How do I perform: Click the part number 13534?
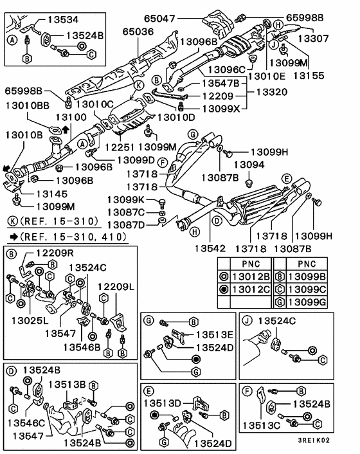click(x=63, y=19)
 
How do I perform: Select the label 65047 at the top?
click(x=159, y=19)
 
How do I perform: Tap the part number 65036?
click(x=138, y=32)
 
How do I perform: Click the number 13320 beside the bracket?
click(x=272, y=92)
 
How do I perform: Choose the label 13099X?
click(x=221, y=109)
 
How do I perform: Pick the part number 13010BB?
click(x=28, y=105)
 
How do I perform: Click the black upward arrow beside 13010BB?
click(x=66, y=129)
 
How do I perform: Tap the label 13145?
click(x=52, y=194)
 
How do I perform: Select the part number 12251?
click(x=120, y=147)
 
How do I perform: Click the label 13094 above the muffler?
click(x=249, y=165)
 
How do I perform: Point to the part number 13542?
click(x=210, y=248)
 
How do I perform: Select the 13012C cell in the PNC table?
click(x=251, y=289)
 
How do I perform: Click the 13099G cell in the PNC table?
click(x=307, y=302)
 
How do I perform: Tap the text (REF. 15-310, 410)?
click(x=73, y=237)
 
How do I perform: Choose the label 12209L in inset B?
click(x=116, y=287)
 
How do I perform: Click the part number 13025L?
click(x=30, y=320)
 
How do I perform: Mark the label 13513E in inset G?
click(x=215, y=334)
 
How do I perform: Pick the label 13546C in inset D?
click(x=26, y=423)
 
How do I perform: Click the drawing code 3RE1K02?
click(x=314, y=440)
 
